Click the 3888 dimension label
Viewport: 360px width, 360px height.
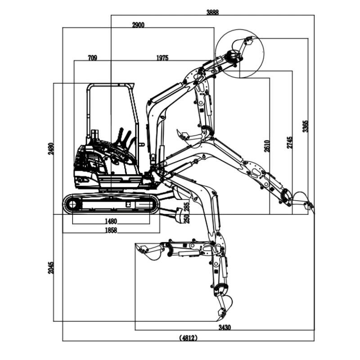tap(212, 13)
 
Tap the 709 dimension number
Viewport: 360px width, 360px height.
tap(92, 58)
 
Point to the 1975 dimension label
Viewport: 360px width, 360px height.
tap(162, 58)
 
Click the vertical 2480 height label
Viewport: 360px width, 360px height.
tap(51, 149)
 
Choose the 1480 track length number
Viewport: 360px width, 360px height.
tap(111, 221)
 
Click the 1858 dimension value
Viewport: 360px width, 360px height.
tap(111, 230)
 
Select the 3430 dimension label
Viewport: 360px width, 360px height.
tap(224, 328)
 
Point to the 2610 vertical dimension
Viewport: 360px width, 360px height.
tap(267, 146)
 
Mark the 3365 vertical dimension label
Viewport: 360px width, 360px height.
tap(306, 126)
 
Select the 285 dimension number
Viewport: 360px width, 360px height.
tap(187, 206)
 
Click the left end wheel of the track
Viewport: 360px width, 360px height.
tap(72, 205)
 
